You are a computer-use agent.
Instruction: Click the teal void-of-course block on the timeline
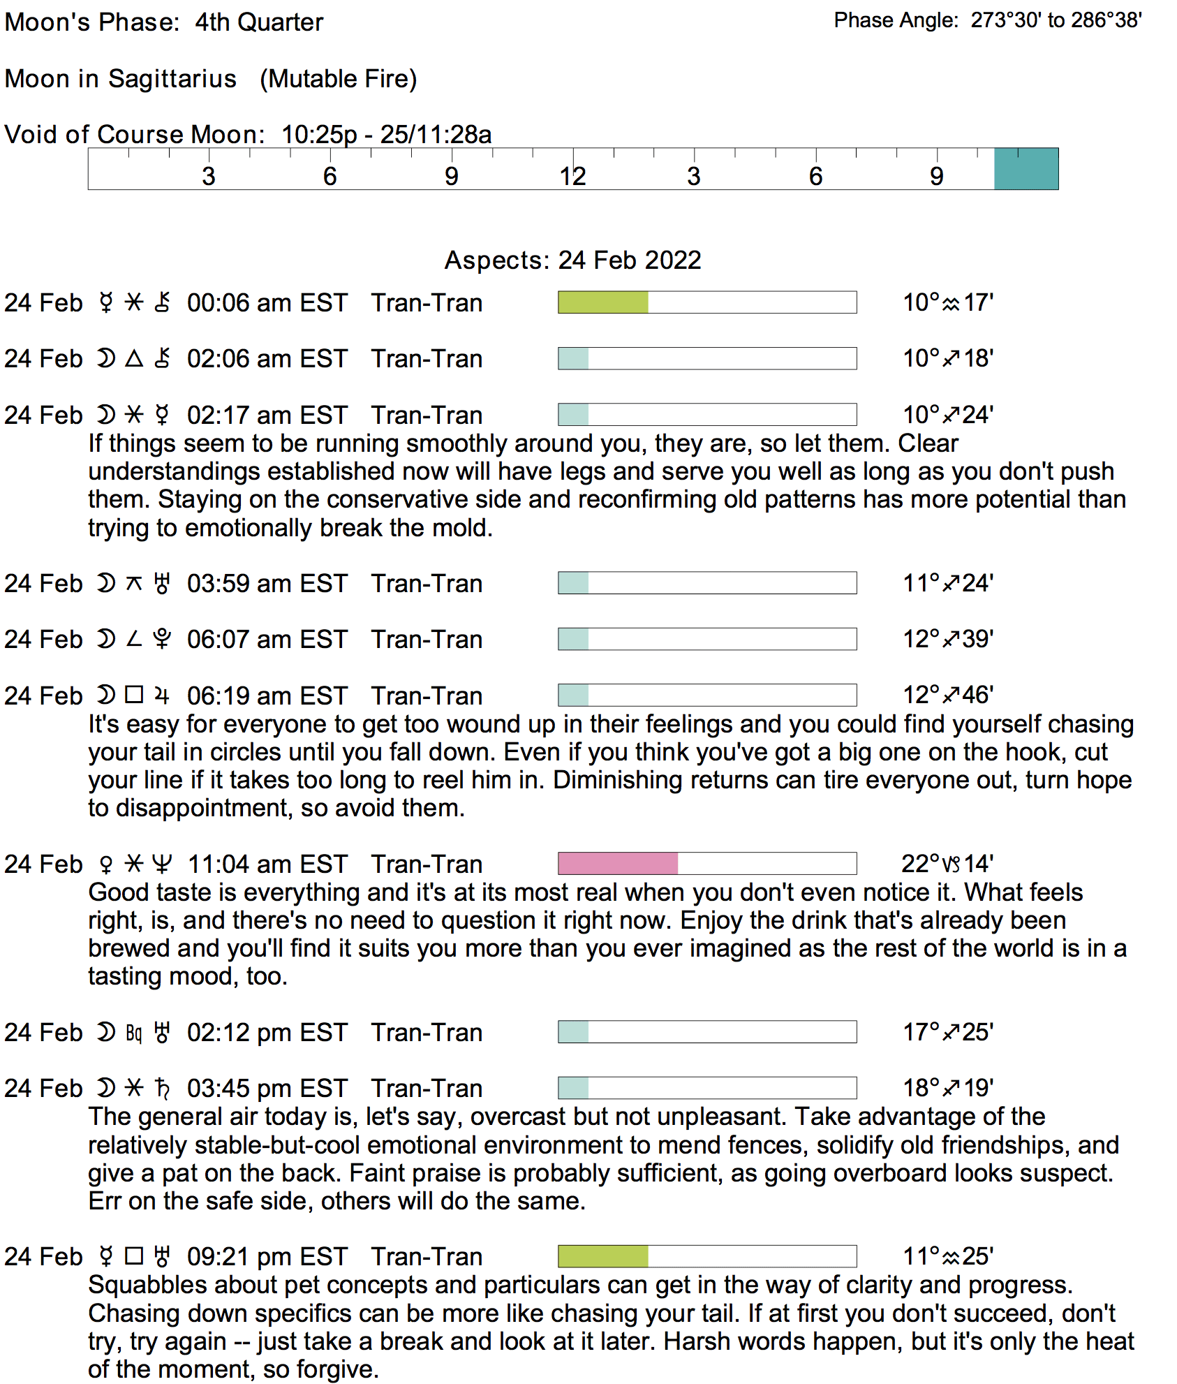click(1026, 169)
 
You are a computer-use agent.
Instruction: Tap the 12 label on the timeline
click(572, 176)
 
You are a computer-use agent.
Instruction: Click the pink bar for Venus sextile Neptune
click(618, 863)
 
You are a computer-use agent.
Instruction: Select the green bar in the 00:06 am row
click(603, 302)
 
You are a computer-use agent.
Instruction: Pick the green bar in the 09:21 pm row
click(603, 1256)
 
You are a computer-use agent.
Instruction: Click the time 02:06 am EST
click(267, 359)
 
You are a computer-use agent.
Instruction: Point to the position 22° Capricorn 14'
click(947, 864)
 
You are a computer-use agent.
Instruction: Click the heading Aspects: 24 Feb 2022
click(572, 260)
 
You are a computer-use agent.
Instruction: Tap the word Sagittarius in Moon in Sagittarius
click(172, 79)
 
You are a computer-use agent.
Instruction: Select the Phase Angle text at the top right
click(987, 20)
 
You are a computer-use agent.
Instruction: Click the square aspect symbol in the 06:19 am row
click(134, 695)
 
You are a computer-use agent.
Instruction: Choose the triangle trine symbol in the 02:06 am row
click(134, 359)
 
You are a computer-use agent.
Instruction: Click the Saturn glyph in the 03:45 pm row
click(162, 1088)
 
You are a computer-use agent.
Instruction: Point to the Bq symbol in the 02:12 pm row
click(134, 1033)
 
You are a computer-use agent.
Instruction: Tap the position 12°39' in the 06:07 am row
click(947, 639)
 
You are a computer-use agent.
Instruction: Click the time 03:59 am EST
click(267, 584)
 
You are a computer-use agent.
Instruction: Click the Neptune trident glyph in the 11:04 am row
click(162, 864)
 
